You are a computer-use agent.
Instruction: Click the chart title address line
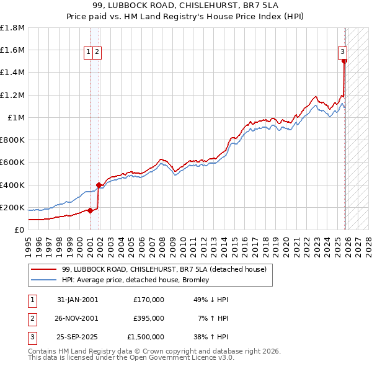[185, 7]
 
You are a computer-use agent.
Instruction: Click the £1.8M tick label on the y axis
[12, 28]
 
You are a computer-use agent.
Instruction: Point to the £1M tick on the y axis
[15, 117]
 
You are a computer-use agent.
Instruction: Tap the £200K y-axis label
[12, 207]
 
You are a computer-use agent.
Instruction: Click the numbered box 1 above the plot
[89, 53]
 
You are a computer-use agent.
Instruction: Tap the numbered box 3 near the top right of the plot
[342, 52]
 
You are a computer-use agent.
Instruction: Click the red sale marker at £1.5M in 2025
[344, 61]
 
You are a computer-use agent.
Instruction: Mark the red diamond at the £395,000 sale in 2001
[99, 185]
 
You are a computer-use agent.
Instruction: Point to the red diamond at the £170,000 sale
[90, 210]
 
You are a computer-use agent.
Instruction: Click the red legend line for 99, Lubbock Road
[43, 269]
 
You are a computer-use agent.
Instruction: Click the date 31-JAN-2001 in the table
[77, 299]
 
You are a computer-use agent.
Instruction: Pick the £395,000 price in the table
[148, 318]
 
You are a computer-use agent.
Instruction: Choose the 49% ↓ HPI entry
[211, 299]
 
